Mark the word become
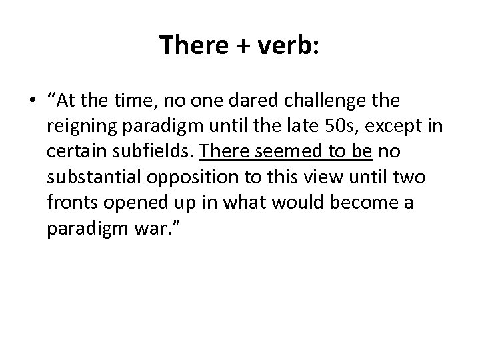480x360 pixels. pos(364,202)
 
